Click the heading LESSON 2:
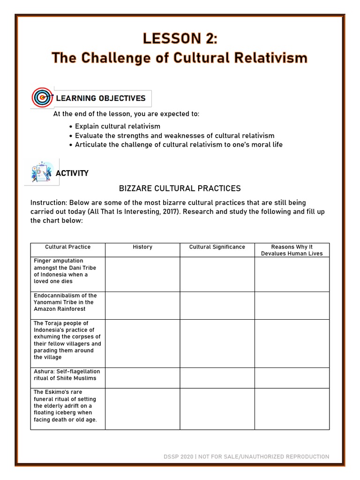[180, 39]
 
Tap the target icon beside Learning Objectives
[42, 98]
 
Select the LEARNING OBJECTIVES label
[101, 98]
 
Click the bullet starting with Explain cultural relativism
[117, 127]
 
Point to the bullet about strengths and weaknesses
[174, 135]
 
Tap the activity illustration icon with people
[42, 172]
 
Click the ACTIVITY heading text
[72, 173]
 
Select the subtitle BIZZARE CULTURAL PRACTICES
[180, 188]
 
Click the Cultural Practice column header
[68, 247]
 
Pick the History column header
[142, 247]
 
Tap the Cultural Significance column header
[217, 247]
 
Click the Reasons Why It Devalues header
[292, 250]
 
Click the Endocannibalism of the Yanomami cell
[66, 302]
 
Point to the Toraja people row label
[67, 340]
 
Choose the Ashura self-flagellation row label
[65, 375]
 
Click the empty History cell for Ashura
[142, 378]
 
